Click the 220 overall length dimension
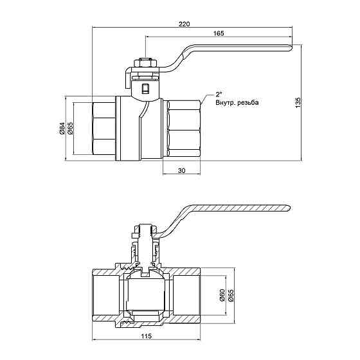184,24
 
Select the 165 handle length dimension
219,33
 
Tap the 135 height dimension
298,103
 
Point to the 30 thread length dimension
181,170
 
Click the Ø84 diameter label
61,128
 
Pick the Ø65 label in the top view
70,128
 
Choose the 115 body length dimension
147,336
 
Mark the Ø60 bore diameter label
222,295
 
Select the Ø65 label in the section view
231,295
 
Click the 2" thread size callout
219,94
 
